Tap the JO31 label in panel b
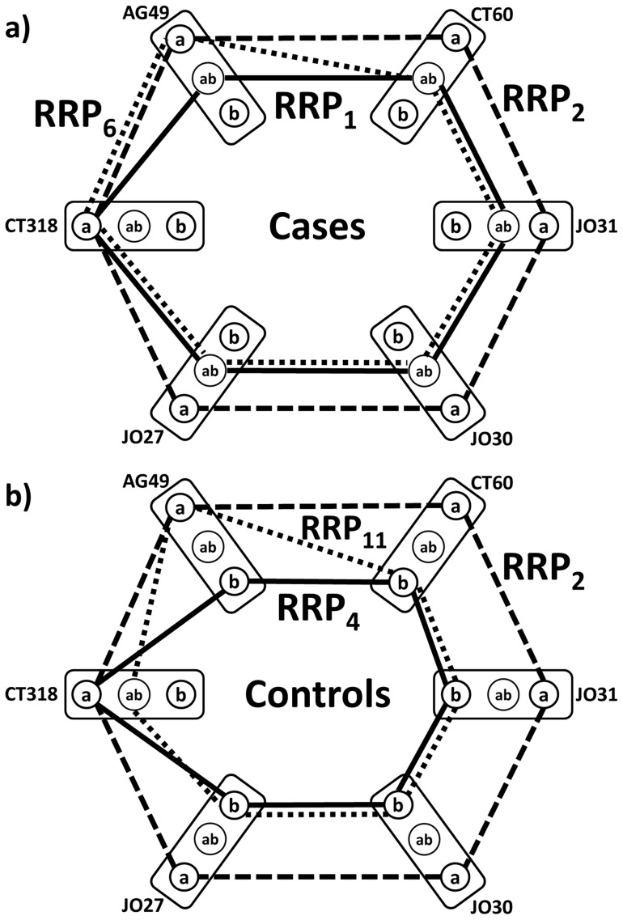coord(592,694)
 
